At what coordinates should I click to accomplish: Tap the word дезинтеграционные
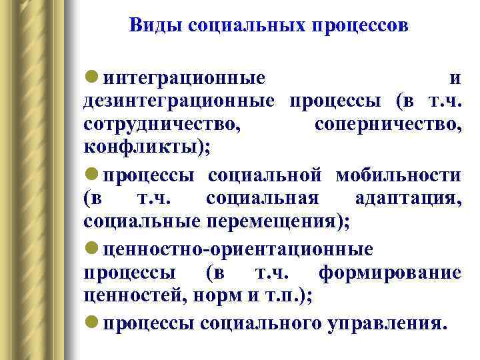[179, 101]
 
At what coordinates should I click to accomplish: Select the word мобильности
[398, 175]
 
